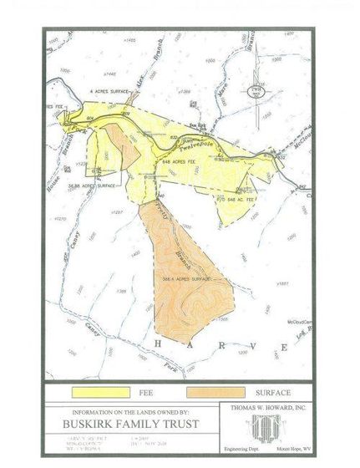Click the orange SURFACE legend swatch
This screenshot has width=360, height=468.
pos(216,391)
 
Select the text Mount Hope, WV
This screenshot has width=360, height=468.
pos(292,448)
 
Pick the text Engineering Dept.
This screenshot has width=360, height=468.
pos(242,448)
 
